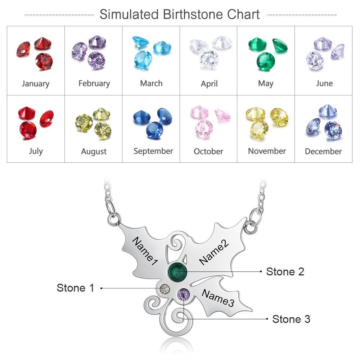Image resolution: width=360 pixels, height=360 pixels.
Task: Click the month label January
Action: click(35, 84)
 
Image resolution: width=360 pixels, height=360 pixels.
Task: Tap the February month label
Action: click(94, 84)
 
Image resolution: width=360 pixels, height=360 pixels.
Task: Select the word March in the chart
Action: click(151, 84)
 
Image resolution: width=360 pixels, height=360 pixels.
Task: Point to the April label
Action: click(209, 84)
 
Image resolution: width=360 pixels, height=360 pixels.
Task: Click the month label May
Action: click(266, 84)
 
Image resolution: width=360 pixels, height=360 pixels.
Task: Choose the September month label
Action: click(153, 151)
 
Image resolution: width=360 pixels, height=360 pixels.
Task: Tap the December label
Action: click(323, 151)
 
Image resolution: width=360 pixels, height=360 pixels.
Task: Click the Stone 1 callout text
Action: click(75, 288)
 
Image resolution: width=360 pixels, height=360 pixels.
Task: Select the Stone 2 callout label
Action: click(285, 271)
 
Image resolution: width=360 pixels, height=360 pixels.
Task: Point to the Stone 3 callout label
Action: click(291, 319)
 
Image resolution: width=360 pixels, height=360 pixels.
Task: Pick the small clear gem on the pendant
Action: click(165, 289)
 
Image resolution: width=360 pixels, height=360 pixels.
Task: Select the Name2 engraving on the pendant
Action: click(214, 252)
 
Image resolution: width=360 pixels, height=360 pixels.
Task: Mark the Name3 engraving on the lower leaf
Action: click(218, 297)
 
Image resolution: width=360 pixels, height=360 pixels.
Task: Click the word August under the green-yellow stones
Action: click(94, 152)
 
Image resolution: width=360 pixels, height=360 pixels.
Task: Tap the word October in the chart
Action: click(208, 151)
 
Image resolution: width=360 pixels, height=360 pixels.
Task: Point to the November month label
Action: click(267, 151)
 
